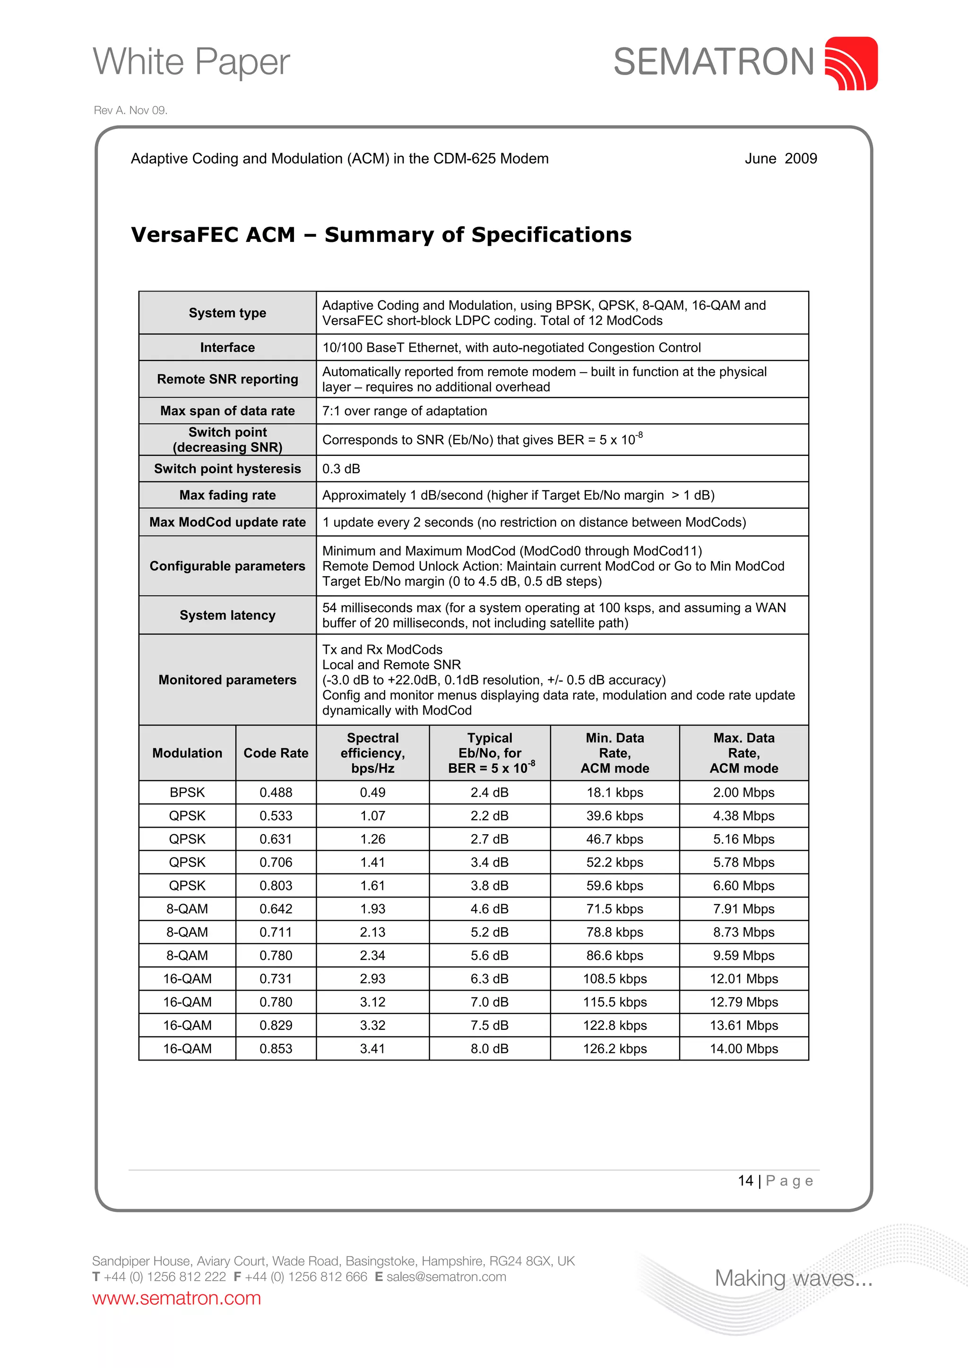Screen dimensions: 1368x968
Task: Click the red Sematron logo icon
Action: click(x=851, y=63)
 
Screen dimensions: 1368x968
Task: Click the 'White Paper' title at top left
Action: click(x=191, y=61)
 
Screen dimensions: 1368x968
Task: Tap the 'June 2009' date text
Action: click(x=780, y=159)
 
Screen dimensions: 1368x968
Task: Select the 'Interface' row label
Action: click(x=227, y=347)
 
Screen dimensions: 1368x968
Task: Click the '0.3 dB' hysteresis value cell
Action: click(x=342, y=469)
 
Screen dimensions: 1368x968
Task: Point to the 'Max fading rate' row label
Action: click(x=227, y=495)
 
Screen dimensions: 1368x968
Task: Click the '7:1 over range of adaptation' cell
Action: click(x=405, y=411)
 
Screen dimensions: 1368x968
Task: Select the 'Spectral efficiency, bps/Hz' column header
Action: click(x=372, y=753)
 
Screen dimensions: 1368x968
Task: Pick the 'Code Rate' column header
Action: click(x=276, y=753)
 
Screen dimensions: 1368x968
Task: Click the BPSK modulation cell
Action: click(x=187, y=793)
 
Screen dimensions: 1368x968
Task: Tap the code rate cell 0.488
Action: click(x=276, y=793)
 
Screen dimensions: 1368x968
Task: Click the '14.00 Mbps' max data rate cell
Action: click(x=743, y=1049)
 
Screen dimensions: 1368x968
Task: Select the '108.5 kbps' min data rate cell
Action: click(x=614, y=979)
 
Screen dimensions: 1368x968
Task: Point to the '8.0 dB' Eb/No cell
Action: click(x=489, y=1049)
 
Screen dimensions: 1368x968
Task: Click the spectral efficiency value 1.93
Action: click(x=372, y=909)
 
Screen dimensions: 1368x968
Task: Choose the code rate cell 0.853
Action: click(x=276, y=1049)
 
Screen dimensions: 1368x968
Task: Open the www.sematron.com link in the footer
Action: click(x=176, y=1298)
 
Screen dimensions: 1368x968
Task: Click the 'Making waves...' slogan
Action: click(x=793, y=1278)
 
